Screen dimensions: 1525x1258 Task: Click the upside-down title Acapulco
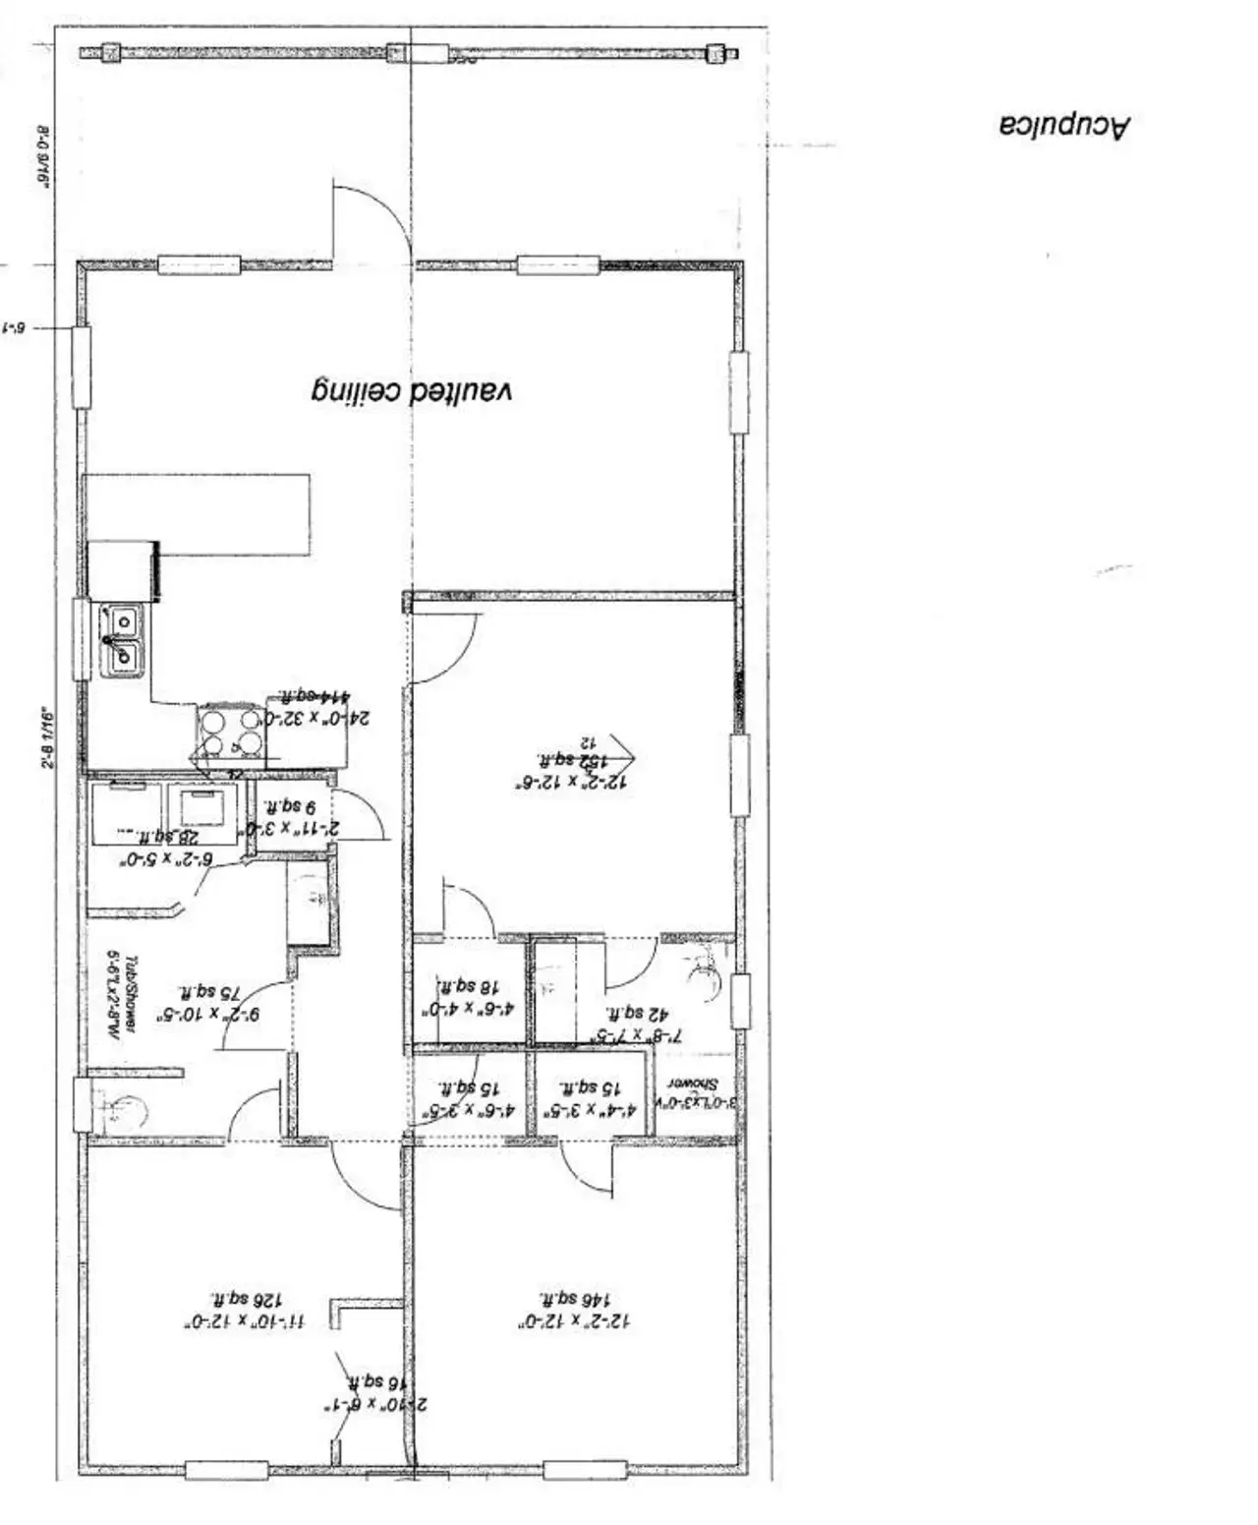pos(1064,126)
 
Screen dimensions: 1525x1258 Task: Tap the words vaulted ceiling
pos(412,391)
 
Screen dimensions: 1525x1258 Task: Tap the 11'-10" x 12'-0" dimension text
pos(243,1322)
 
